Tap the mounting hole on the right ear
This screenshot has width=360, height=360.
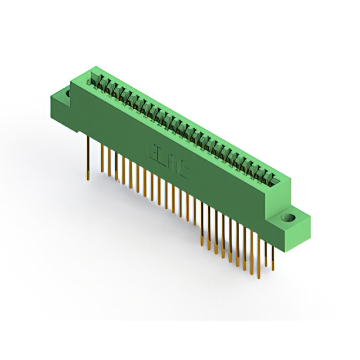click(x=291, y=217)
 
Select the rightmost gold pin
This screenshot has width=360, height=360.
click(x=273, y=253)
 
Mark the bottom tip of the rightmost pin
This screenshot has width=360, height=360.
click(x=273, y=269)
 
